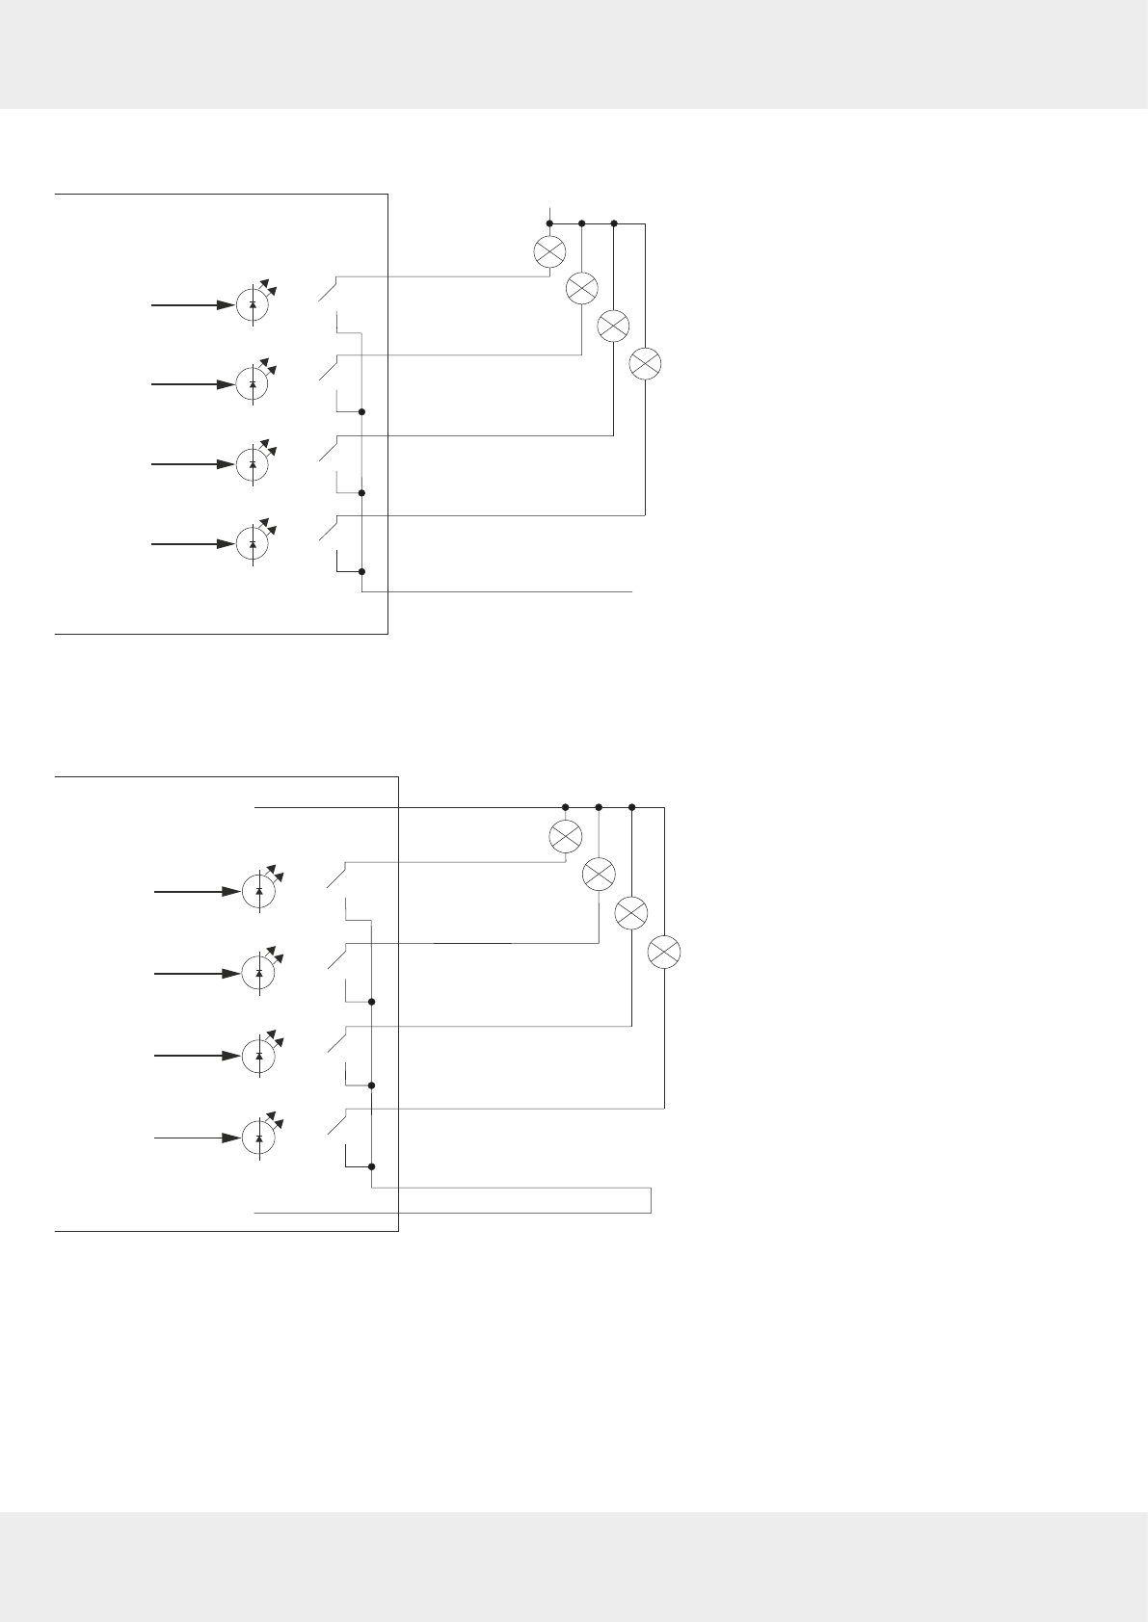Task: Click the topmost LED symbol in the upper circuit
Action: [x=253, y=304]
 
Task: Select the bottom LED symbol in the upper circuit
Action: [x=253, y=544]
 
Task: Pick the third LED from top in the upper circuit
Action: [x=253, y=464]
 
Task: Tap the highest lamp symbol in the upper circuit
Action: [x=549, y=251]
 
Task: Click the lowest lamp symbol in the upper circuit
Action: [x=645, y=364]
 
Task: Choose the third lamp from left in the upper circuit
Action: [x=613, y=326]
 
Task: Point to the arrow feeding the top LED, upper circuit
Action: [x=193, y=305]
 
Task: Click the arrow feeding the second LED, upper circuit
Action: [x=193, y=384]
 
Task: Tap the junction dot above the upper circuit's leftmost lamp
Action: [x=549, y=223]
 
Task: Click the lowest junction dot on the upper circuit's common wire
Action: [x=361, y=571]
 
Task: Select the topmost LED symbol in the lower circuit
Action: [x=259, y=892]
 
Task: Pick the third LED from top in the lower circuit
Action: [x=259, y=1056]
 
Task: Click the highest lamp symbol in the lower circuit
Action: [x=565, y=836]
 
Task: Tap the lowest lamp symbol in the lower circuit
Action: [x=664, y=952]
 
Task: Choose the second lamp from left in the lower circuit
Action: [x=599, y=874]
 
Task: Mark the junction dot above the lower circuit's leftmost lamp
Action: [x=565, y=807]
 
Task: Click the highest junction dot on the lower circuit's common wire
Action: [x=371, y=1002]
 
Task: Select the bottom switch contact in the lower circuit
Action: [x=336, y=1122]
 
